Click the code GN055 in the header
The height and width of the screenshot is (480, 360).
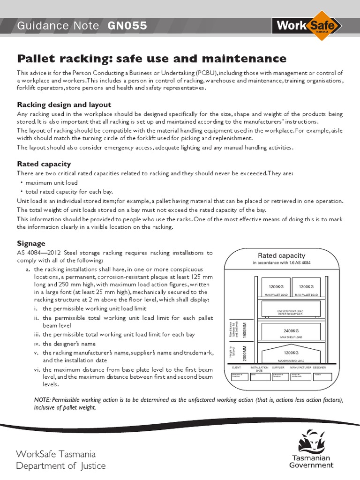point(127,26)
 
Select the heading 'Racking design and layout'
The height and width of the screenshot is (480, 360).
point(64,104)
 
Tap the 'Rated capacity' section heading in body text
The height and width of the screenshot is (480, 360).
point(44,164)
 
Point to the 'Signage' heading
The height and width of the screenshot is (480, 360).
point(31,243)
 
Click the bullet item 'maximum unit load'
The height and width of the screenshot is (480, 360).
point(52,182)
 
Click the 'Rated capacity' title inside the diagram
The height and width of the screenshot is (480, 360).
point(282,255)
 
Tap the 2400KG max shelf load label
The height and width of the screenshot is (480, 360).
point(291,331)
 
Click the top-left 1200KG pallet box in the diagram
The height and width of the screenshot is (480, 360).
point(276,287)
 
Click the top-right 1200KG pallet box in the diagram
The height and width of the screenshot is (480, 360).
point(306,287)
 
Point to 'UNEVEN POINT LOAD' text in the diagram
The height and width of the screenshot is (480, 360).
point(291,310)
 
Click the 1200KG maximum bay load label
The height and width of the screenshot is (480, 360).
point(291,352)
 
